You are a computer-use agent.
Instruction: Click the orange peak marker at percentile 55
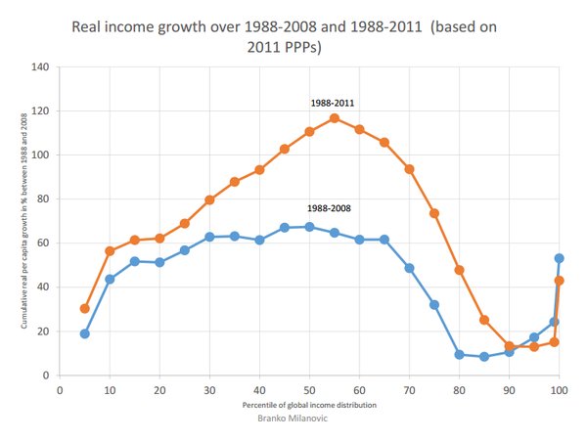(x=335, y=118)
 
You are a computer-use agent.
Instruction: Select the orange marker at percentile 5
(x=85, y=308)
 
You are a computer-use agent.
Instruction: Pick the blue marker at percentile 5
(x=85, y=333)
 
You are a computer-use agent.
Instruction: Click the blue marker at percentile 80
(x=459, y=354)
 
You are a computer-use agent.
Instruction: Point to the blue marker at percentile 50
(x=309, y=227)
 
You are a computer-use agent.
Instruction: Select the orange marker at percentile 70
(x=409, y=169)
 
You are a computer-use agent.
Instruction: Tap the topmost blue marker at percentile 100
(x=559, y=258)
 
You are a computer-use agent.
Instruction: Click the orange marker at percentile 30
(x=209, y=199)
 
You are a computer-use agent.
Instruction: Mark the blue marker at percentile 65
(x=384, y=240)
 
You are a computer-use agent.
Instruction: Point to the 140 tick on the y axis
(x=40, y=67)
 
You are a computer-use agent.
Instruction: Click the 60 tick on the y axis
(x=43, y=243)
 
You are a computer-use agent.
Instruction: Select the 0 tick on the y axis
(x=46, y=375)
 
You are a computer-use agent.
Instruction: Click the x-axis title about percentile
(x=309, y=404)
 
